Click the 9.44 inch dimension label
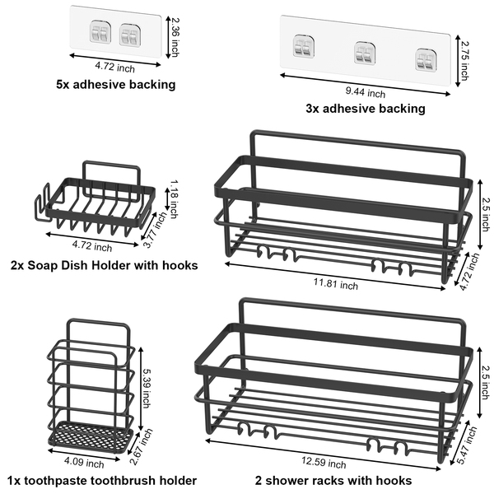[365, 92]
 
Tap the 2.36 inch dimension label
[175, 37]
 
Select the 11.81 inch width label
[336, 284]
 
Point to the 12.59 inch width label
[324, 463]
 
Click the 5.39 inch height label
[146, 388]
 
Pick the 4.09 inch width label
[84, 463]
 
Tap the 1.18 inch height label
[174, 199]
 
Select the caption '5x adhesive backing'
[116, 85]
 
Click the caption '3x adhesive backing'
[366, 109]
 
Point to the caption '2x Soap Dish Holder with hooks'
[105, 265]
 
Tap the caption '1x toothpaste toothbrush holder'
[102, 481]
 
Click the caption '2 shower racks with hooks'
[333, 481]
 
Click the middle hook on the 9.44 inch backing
[365, 53]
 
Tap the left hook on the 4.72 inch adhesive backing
[100, 31]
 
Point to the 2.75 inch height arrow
[458, 61]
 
